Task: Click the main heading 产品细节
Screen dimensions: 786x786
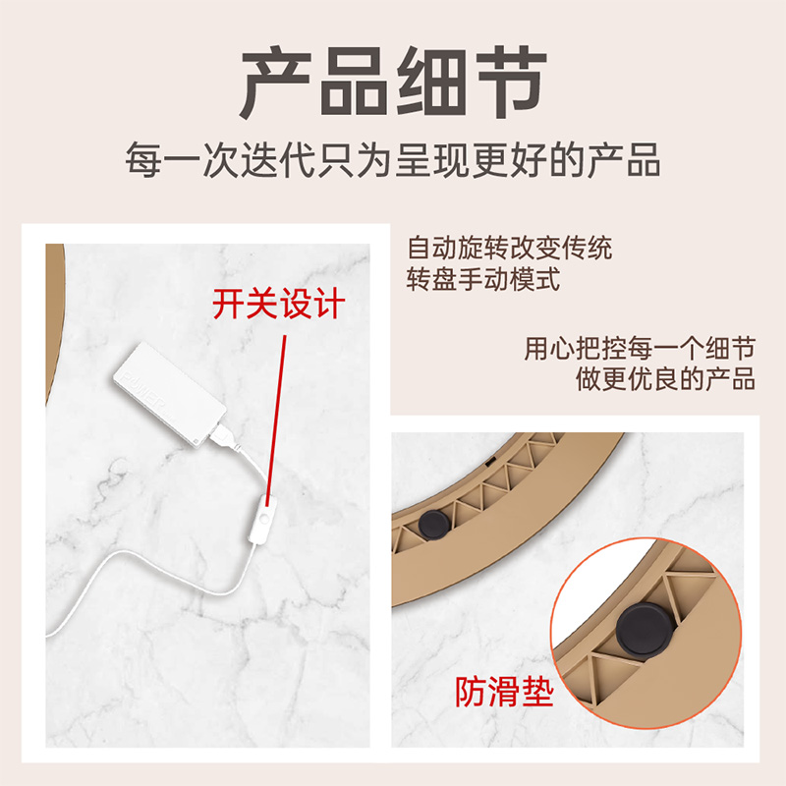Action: [x=393, y=84]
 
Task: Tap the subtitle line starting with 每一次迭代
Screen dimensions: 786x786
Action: [x=393, y=159]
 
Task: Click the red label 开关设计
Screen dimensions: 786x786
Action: [x=279, y=304]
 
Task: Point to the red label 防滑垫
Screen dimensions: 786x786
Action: [x=505, y=693]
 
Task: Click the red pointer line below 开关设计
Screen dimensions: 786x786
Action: [x=277, y=413]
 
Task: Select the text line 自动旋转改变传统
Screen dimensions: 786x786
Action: [x=509, y=248]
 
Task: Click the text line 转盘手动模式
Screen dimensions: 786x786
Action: [x=482, y=279]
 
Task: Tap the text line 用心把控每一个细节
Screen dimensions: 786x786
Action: [x=640, y=349]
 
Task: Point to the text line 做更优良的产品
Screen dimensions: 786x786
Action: [x=665, y=380]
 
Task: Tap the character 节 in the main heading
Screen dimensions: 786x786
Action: [x=509, y=84]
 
